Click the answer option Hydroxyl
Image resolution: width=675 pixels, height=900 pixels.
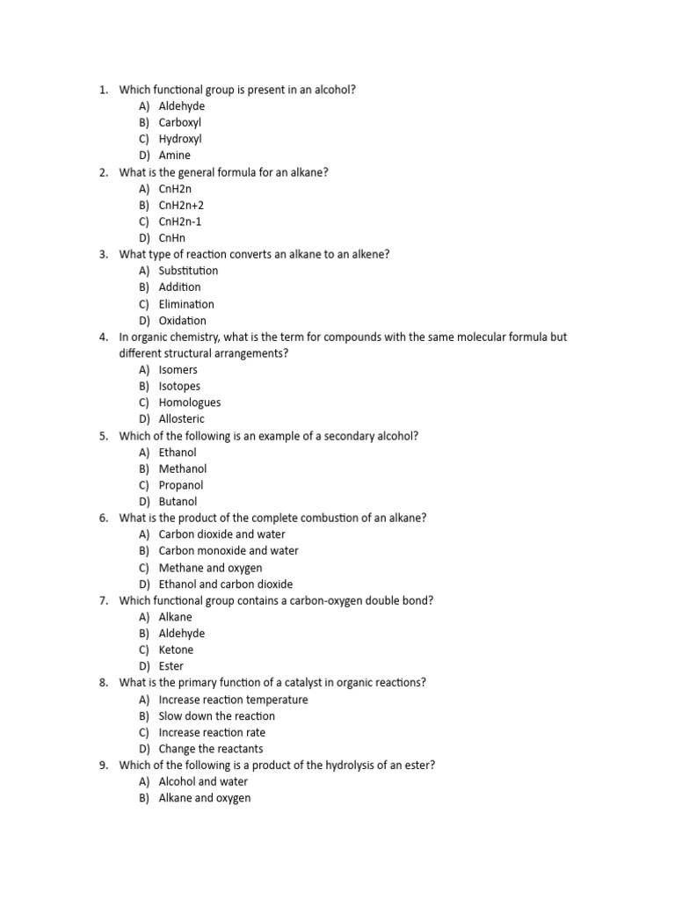click(180, 139)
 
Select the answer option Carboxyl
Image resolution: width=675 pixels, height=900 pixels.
click(180, 123)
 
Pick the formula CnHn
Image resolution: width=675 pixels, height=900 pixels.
click(172, 238)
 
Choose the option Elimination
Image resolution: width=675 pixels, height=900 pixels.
click(186, 304)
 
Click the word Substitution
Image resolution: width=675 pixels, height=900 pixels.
click(188, 271)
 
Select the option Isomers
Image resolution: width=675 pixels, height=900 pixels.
click(178, 370)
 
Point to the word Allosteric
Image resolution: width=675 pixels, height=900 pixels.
click(181, 419)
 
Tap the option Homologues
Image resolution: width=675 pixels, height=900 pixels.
click(190, 403)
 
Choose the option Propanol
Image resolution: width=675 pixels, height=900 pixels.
click(181, 485)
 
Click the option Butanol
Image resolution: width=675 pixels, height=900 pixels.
click(178, 502)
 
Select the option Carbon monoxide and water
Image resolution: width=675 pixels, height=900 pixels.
click(229, 551)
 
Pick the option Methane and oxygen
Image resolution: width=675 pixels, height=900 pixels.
click(210, 568)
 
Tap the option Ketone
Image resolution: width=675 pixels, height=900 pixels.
click(176, 650)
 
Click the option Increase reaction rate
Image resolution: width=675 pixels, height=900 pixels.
click(212, 732)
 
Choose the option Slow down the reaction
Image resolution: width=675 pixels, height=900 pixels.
click(217, 716)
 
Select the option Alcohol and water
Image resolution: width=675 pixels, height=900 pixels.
click(203, 781)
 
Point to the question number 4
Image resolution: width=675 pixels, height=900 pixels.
click(103, 337)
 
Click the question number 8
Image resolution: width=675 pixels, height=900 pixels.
click(103, 683)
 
